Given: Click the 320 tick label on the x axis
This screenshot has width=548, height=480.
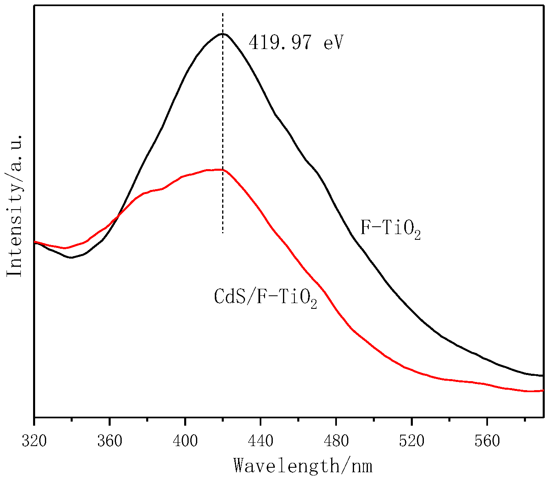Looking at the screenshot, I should (34, 441).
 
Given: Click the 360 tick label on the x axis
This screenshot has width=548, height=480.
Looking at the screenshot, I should (110, 441).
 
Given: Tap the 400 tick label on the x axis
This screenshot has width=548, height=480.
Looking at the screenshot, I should (185, 441).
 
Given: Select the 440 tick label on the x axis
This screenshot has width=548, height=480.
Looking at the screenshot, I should (261, 441).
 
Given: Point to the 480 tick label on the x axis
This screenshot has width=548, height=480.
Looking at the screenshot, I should (336, 441).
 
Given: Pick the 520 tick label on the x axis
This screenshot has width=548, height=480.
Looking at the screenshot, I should (412, 441).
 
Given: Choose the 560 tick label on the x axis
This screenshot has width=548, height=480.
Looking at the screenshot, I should (487, 441).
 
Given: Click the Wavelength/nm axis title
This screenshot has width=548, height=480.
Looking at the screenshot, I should (303, 466).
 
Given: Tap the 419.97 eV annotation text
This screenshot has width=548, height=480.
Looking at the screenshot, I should (296, 42).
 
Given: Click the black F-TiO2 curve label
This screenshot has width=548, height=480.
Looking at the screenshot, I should (390, 229).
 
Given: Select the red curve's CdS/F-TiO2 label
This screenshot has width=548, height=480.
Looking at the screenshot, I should (265, 297).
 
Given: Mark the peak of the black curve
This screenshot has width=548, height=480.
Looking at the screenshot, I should (223, 33).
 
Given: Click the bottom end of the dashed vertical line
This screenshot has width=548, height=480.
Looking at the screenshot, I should (223, 233).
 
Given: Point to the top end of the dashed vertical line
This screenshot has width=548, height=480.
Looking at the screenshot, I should (223, 13).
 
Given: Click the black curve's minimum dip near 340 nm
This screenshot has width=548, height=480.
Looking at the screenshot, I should (71, 258).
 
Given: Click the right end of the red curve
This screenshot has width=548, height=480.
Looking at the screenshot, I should (543, 391).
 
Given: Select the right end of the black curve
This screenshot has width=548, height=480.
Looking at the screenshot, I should (543, 375).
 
